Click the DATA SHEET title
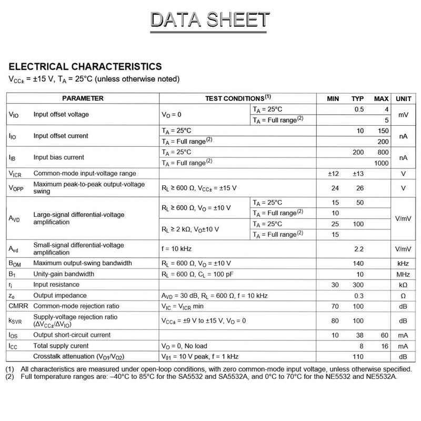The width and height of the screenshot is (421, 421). pos(209,21)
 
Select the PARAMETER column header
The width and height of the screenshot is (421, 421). pos(83,98)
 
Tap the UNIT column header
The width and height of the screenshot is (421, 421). pos(403,98)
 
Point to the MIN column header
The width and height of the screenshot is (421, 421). pos(333,98)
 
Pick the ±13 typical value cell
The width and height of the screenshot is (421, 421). pos(358,173)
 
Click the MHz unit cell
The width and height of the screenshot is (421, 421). pos(403,274)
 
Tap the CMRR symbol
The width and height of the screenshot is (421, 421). pos(18,306)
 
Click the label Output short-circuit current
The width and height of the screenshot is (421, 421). pos(72,335)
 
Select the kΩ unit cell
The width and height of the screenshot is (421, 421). pos(403,285)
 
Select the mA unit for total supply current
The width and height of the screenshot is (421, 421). pos(403,346)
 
